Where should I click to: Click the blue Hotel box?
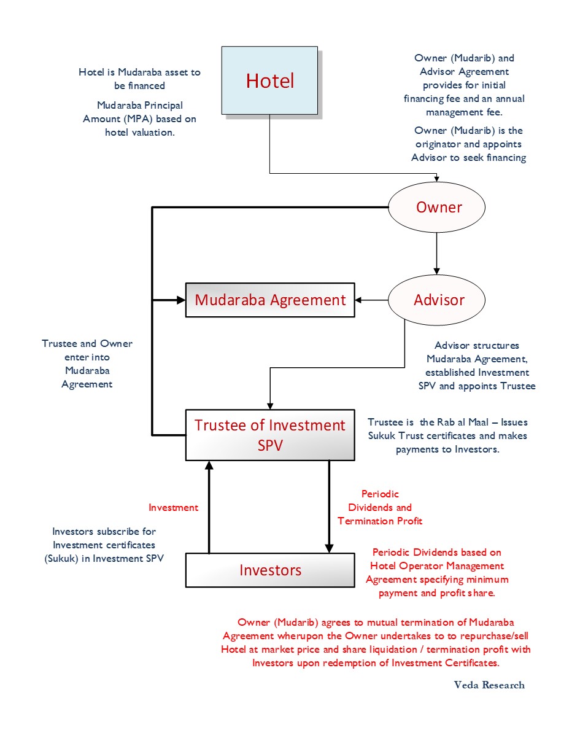point(269,80)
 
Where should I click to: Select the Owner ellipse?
point(436,207)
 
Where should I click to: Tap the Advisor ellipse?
point(436,300)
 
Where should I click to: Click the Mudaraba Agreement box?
point(270,300)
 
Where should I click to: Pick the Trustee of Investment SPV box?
point(270,435)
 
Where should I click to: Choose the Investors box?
point(270,570)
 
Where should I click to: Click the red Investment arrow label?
point(173,507)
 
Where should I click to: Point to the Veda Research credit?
point(489,685)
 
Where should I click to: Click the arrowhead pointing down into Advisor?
point(436,271)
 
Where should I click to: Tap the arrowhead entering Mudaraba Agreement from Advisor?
point(358,300)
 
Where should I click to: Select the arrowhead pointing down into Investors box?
point(329,548)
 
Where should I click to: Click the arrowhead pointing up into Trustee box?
point(209,465)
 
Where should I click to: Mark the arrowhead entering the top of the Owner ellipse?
point(436,179)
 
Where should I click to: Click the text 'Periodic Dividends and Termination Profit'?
point(380,507)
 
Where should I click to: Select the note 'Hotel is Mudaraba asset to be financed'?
point(139,79)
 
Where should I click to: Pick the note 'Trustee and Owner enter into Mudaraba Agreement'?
point(87,364)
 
